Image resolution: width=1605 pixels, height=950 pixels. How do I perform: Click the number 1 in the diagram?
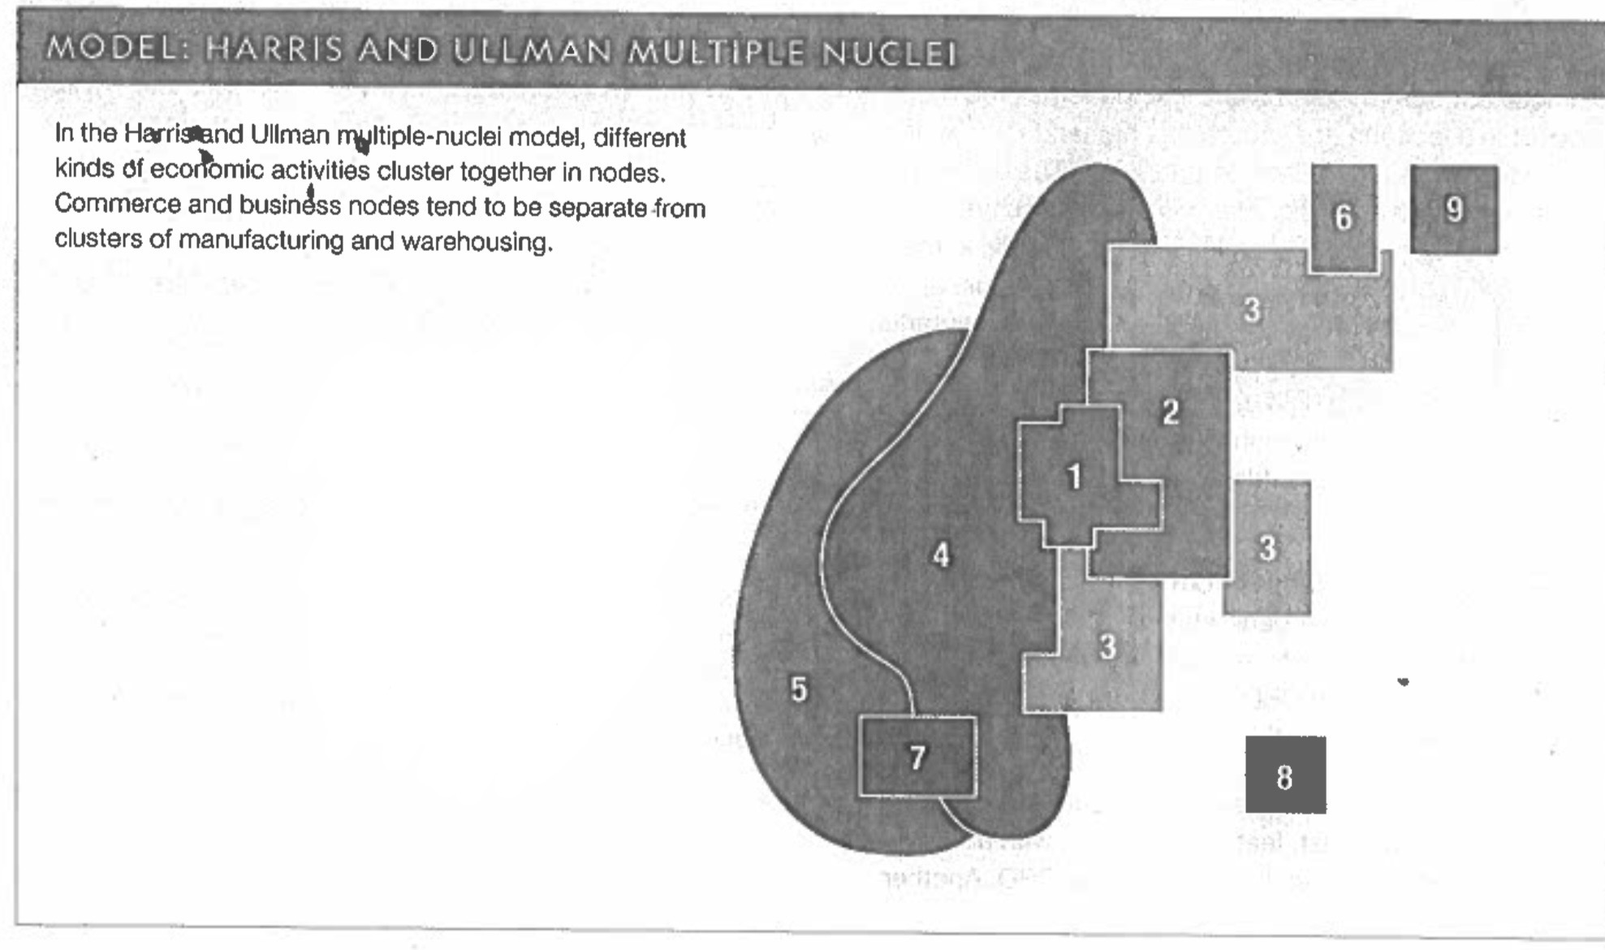(x=1074, y=477)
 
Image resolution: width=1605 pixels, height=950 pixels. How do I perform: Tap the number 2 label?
(x=1170, y=412)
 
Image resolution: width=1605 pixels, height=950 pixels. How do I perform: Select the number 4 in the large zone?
(x=941, y=555)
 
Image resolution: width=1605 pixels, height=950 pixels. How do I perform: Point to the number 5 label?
(x=799, y=689)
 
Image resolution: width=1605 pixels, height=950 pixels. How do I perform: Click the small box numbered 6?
(x=1344, y=218)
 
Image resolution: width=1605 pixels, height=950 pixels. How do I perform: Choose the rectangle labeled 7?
(x=917, y=757)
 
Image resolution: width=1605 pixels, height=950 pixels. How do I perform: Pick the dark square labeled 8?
(x=1285, y=775)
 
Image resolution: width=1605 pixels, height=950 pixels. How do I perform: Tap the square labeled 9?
(x=1454, y=209)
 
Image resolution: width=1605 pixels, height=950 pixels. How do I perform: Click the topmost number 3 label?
(x=1252, y=309)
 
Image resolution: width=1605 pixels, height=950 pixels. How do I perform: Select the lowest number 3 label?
(x=1107, y=647)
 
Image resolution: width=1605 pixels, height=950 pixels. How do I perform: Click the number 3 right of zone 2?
(x=1267, y=548)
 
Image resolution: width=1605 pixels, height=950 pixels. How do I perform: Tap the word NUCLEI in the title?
(x=889, y=54)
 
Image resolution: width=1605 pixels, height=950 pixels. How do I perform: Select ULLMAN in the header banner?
(x=532, y=51)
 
